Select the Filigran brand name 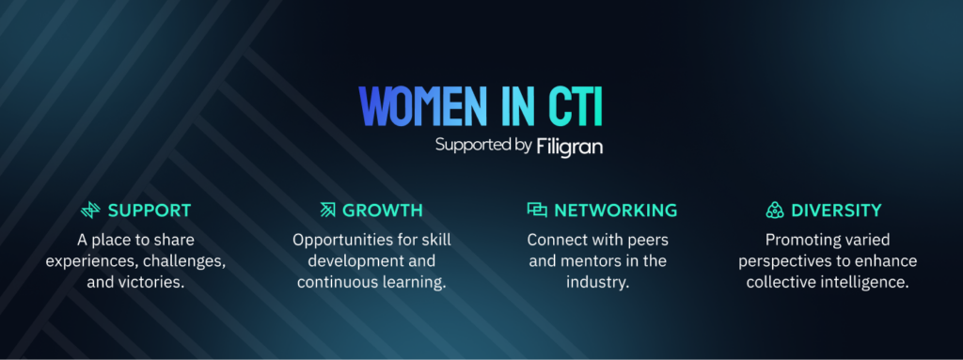click(569, 147)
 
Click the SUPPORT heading click(150, 211)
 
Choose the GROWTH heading click(383, 211)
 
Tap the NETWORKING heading click(615, 211)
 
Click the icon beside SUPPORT click(90, 211)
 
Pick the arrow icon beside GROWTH click(327, 211)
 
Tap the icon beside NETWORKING click(537, 211)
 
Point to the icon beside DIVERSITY click(775, 211)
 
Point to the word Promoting click(800, 240)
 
